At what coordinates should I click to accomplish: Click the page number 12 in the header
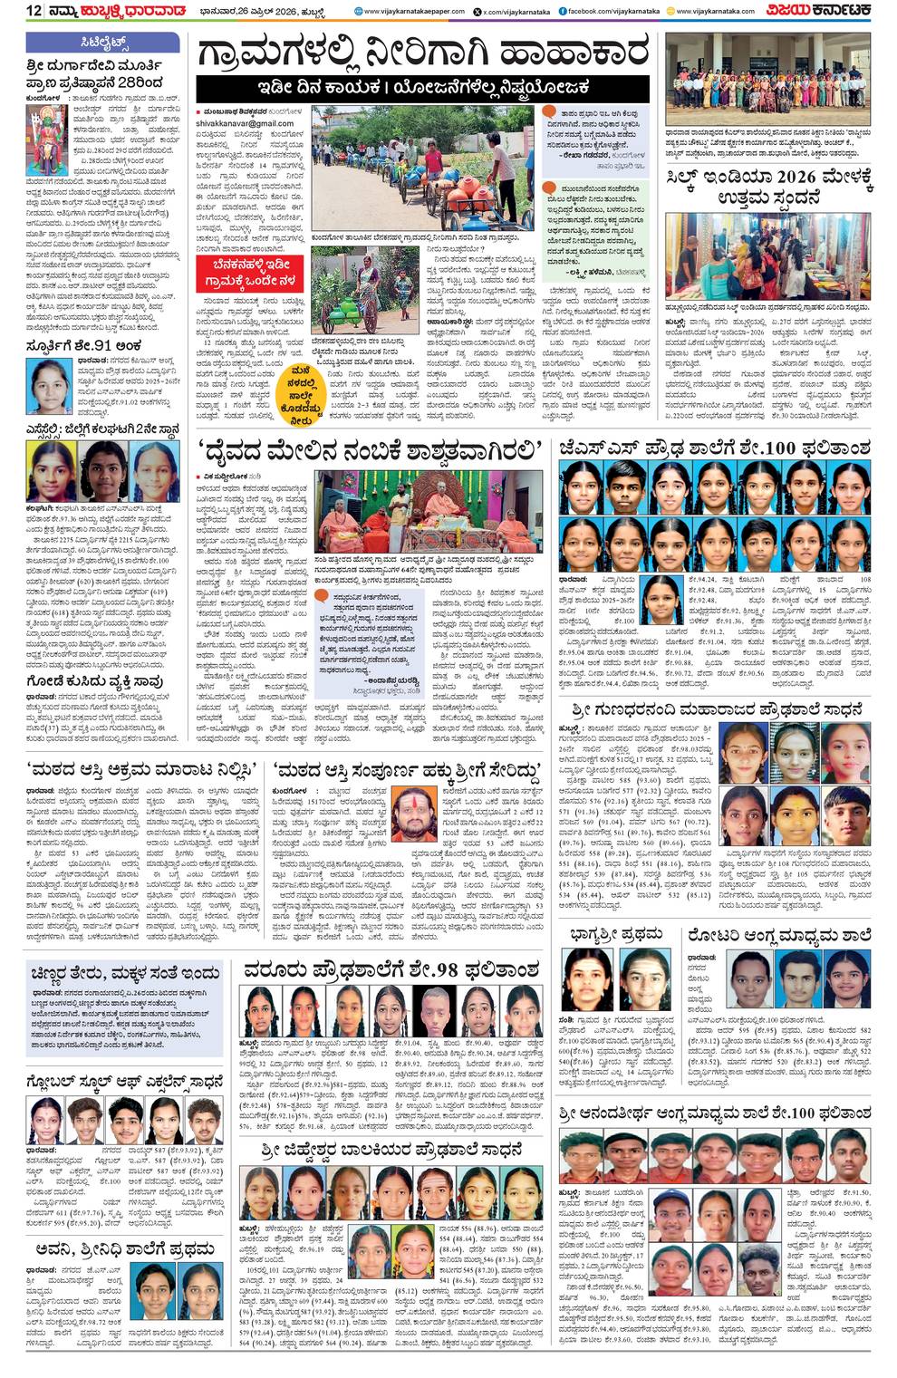tap(34, 10)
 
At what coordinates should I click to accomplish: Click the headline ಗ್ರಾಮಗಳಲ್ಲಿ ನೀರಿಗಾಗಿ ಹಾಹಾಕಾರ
tap(423, 53)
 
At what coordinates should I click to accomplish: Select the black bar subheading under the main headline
tap(423, 88)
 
